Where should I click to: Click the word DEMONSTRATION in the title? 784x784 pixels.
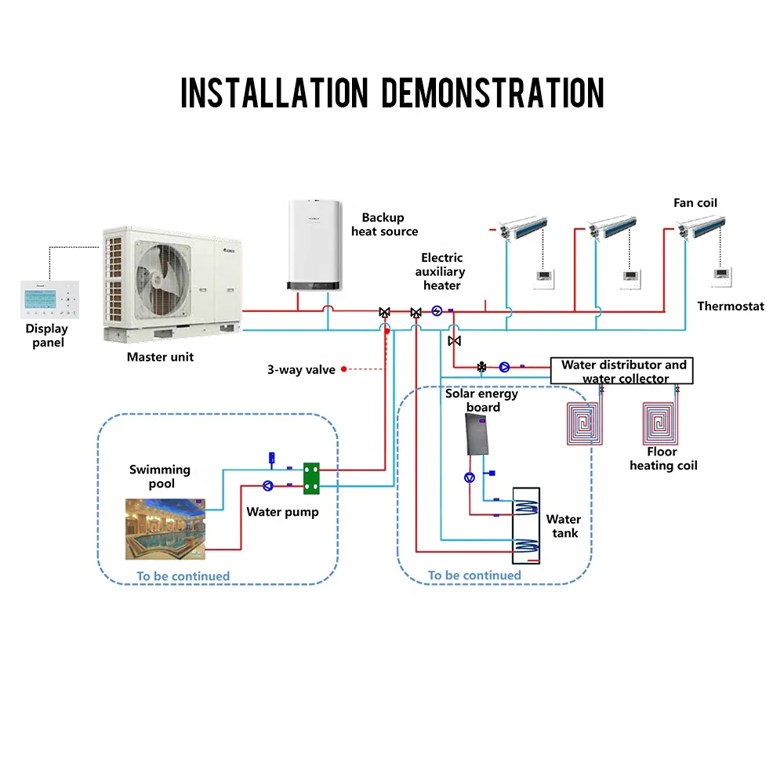coord(492,93)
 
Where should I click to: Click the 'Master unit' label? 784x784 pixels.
coord(160,358)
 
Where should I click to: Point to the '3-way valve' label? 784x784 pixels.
coord(301,370)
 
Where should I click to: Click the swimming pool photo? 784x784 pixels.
coord(165,529)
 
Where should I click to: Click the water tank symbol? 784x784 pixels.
coord(526,525)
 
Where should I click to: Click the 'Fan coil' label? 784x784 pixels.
coord(695,203)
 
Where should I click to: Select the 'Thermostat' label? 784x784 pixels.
coord(731,306)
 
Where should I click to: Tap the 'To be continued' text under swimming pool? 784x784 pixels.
coord(183,576)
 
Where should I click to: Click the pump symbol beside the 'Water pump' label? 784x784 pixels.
coord(268,485)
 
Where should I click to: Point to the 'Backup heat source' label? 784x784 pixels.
coord(384,224)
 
